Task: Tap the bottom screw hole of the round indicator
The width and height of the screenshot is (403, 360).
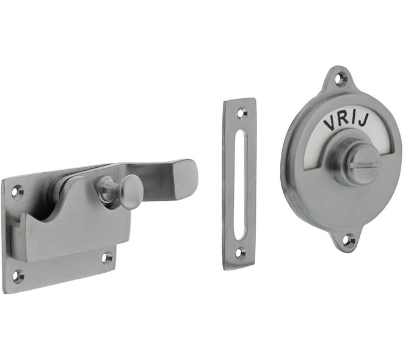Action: [349, 240]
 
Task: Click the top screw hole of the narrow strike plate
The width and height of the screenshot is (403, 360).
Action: [241, 113]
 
